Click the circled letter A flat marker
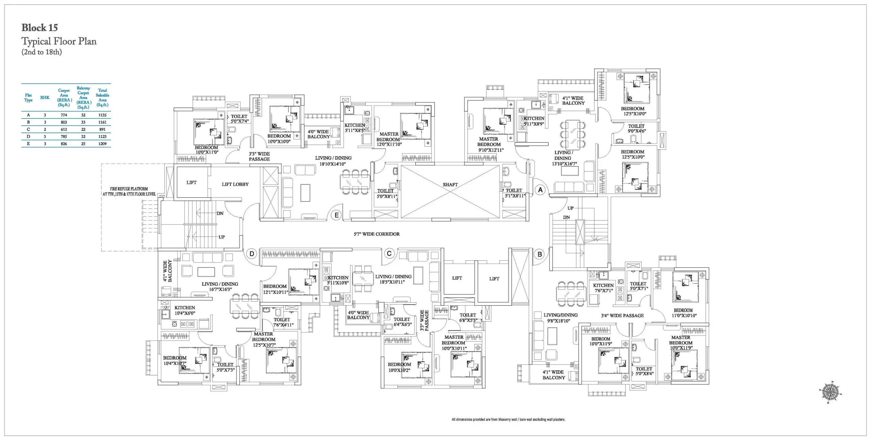(x=540, y=190)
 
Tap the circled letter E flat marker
(x=336, y=215)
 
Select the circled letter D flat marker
(x=252, y=254)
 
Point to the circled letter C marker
(x=389, y=253)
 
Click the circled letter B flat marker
(x=540, y=254)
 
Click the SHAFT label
(x=450, y=185)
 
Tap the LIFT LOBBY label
(x=235, y=184)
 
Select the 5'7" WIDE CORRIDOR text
(x=377, y=234)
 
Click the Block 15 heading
(x=39, y=28)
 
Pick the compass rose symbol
(x=830, y=392)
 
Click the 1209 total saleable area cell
(x=102, y=144)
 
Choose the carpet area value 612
(x=64, y=130)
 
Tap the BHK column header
(x=45, y=98)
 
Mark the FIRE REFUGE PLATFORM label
(x=129, y=192)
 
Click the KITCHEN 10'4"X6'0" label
(x=185, y=310)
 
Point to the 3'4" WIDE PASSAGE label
(x=622, y=316)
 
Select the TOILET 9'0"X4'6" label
(x=637, y=129)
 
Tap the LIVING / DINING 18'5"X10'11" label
(x=393, y=279)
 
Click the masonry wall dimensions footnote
(x=508, y=420)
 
